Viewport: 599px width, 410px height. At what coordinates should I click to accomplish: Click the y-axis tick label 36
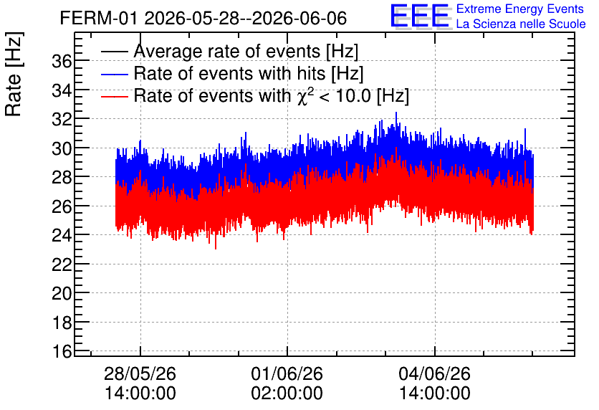tap(62, 61)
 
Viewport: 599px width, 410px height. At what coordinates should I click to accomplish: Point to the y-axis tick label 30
tap(62, 148)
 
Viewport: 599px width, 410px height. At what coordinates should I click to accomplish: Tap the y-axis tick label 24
tap(62, 235)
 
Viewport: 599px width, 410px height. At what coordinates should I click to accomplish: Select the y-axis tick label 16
tap(62, 351)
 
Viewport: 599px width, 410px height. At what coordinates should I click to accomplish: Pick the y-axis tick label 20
tap(62, 293)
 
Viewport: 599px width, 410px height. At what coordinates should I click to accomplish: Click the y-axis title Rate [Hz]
tap(14, 74)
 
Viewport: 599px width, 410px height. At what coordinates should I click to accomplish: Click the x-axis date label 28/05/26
tap(140, 373)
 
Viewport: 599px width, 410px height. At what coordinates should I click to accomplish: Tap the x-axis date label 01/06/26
tap(287, 373)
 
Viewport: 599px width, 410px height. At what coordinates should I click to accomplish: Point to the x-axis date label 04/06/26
tap(435, 373)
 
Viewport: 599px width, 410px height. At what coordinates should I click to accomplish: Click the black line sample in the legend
tap(114, 52)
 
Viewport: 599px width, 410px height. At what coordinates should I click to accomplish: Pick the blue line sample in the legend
tap(114, 74)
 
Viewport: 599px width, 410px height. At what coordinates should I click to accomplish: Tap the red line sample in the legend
tap(114, 96)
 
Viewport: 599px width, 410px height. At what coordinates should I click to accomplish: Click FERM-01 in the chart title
tap(99, 18)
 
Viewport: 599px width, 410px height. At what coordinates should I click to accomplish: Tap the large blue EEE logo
tap(420, 16)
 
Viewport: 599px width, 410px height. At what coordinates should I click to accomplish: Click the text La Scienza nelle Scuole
tap(521, 24)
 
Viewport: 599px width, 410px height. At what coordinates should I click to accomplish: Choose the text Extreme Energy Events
tap(520, 9)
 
